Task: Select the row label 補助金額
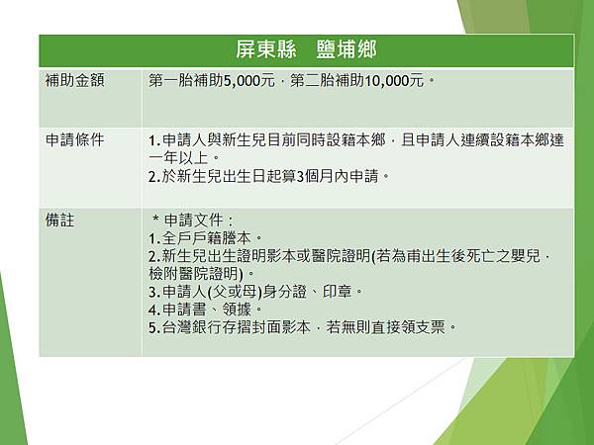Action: (x=73, y=79)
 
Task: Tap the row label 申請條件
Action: (x=73, y=139)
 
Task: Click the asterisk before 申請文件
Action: (x=156, y=220)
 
